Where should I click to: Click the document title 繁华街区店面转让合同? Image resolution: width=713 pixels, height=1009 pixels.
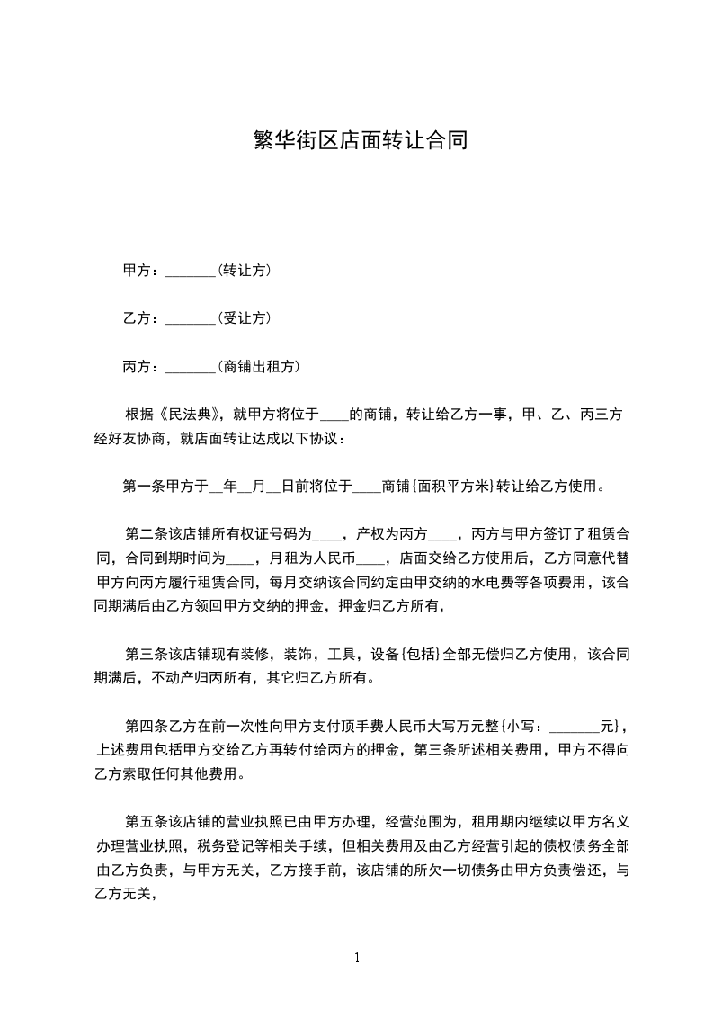click(356, 141)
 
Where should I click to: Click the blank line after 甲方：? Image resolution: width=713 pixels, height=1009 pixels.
click(192, 271)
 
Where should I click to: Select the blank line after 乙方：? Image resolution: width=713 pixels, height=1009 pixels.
click(192, 318)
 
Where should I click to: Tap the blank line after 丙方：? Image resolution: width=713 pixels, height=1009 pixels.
click(192, 367)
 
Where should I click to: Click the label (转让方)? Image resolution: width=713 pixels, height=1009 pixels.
click(245, 271)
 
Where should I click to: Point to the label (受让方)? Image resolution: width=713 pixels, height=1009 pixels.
click(245, 318)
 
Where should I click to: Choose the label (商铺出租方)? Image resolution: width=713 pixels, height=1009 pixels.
click(259, 367)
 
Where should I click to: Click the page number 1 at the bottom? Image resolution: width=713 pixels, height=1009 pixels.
click(357, 958)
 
